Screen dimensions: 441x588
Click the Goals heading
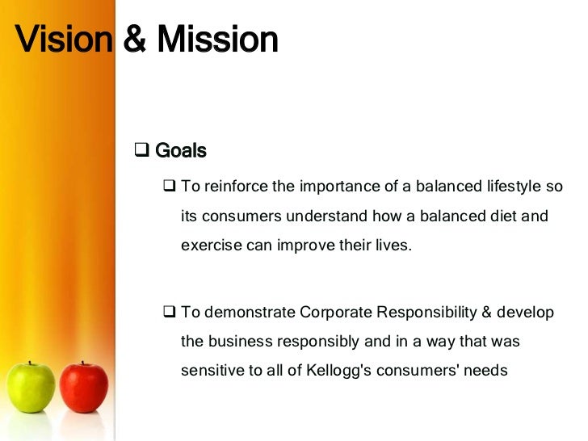click(x=180, y=151)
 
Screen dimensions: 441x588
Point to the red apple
click(x=83, y=387)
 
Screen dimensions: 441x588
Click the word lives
click(x=394, y=246)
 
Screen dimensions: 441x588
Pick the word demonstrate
click(x=250, y=313)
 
